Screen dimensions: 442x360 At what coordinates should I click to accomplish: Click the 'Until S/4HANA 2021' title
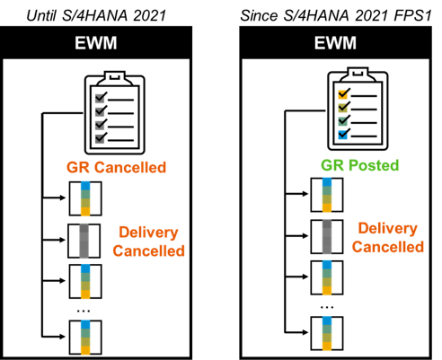click(96, 15)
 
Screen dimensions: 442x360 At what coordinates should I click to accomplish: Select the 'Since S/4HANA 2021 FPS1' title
click(336, 15)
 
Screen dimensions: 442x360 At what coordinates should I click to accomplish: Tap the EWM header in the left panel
click(96, 43)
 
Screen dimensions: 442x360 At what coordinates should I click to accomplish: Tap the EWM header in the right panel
click(335, 43)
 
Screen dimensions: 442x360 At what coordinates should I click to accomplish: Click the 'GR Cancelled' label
click(116, 167)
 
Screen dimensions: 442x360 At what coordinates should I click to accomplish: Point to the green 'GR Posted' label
click(360, 165)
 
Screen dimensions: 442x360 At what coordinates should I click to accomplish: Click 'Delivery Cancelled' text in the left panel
click(148, 241)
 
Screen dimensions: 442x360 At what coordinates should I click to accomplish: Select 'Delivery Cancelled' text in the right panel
click(388, 238)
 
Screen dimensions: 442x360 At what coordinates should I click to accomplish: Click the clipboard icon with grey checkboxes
click(115, 113)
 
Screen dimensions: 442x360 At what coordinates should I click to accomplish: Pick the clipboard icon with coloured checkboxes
click(358, 109)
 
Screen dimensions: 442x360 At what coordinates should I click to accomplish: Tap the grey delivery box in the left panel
click(84, 241)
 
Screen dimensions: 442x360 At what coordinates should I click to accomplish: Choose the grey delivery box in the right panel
click(327, 237)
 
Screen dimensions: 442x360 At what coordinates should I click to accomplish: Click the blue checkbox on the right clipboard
click(342, 135)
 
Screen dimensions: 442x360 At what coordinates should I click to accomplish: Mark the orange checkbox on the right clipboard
click(342, 94)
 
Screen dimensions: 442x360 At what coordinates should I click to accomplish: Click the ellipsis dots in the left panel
click(84, 312)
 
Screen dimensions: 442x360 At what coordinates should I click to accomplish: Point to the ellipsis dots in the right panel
click(327, 307)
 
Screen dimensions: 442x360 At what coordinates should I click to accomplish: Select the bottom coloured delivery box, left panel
click(85, 338)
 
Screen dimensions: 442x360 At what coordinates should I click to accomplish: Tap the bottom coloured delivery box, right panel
click(327, 333)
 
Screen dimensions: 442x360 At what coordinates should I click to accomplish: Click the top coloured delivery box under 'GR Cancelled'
click(85, 198)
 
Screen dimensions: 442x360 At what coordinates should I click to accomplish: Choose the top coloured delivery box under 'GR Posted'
click(327, 195)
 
